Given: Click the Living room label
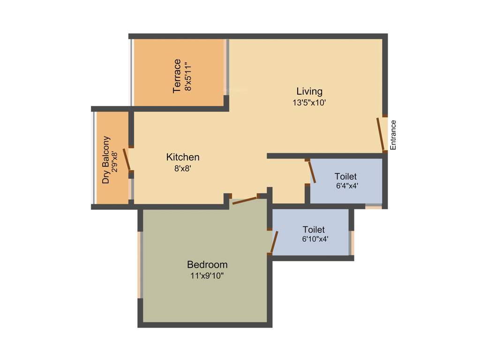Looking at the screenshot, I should [x=309, y=91].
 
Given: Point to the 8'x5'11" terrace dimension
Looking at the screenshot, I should [x=188, y=75].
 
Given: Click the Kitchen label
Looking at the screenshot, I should [x=183, y=157].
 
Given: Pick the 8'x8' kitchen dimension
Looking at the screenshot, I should [x=183, y=168].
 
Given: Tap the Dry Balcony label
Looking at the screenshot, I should [x=106, y=160].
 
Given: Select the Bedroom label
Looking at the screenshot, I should [x=207, y=264].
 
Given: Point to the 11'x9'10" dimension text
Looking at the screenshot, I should [x=207, y=276].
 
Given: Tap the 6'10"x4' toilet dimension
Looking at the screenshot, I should [x=315, y=239].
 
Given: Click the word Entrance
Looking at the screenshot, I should [x=393, y=135].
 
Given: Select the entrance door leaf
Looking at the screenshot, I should [x=381, y=134].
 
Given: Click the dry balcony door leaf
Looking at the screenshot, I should [x=126, y=160].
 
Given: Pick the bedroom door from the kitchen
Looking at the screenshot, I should [x=245, y=200].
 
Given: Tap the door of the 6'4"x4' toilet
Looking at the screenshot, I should [x=311, y=172].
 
